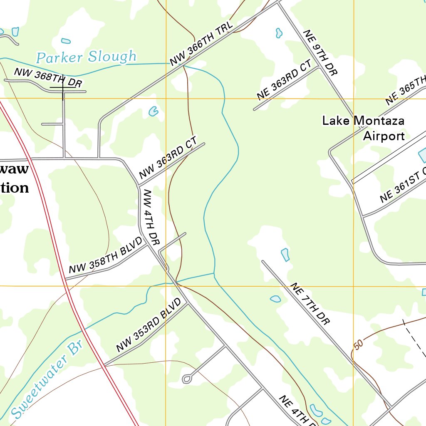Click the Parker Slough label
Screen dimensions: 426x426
point(86,57)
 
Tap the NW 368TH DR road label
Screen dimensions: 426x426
point(48,77)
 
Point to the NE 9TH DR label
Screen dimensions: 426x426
point(320,52)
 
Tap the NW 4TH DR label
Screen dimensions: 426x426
point(151,217)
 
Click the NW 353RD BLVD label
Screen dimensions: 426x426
point(149,325)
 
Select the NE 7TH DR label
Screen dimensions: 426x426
point(310,304)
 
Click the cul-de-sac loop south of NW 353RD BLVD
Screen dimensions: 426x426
point(187,379)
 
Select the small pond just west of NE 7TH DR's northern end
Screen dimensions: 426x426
point(285,254)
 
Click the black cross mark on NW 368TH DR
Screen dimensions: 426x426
point(63,88)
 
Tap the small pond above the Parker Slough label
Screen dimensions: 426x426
point(66,41)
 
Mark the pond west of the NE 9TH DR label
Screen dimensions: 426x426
point(279,33)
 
